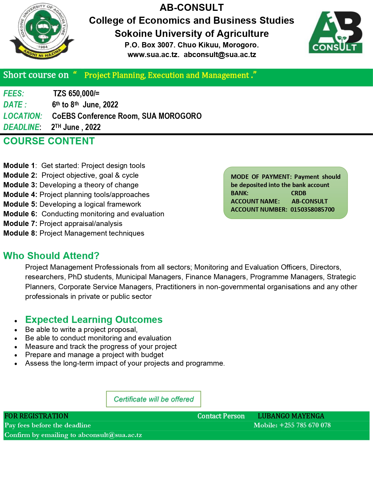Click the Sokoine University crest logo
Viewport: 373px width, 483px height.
pyautogui.click(x=42, y=31)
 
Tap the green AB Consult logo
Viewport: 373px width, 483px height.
pyautogui.click(x=336, y=32)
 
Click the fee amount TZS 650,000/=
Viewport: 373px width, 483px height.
pyautogui.click(x=76, y=93)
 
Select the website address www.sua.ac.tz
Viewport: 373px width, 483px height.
pyautogui.click(x=153, y=55)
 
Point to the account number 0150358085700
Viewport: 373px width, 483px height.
pyautogui.click(x=312, y=210)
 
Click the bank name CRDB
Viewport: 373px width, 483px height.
pyautogui.click(x=298, y=193)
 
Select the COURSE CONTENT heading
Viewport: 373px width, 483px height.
pyautogui.click(x=49, y=141)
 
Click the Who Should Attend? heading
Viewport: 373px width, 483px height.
pyautogui.click(x=51, y=256)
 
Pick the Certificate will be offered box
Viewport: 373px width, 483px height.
pyautogui.click(x=154, y=399)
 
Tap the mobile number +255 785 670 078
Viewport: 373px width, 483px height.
pyautogui.click(x=305, y=425)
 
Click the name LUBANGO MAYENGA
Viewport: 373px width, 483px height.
pyautogui.click(x=291, y=416)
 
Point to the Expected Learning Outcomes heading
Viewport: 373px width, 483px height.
pyautogui.click(x=94, y=320)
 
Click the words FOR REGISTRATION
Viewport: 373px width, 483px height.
pyautogui.click(x=36, y=416)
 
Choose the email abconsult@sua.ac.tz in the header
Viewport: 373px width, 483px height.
pyautogui.click(x=220, y=55)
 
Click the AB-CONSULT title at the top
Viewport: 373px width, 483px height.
pyautogui.click(x=192, y=8)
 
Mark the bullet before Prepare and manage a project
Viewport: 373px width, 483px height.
pyautogui.click(x=16, y=355)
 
